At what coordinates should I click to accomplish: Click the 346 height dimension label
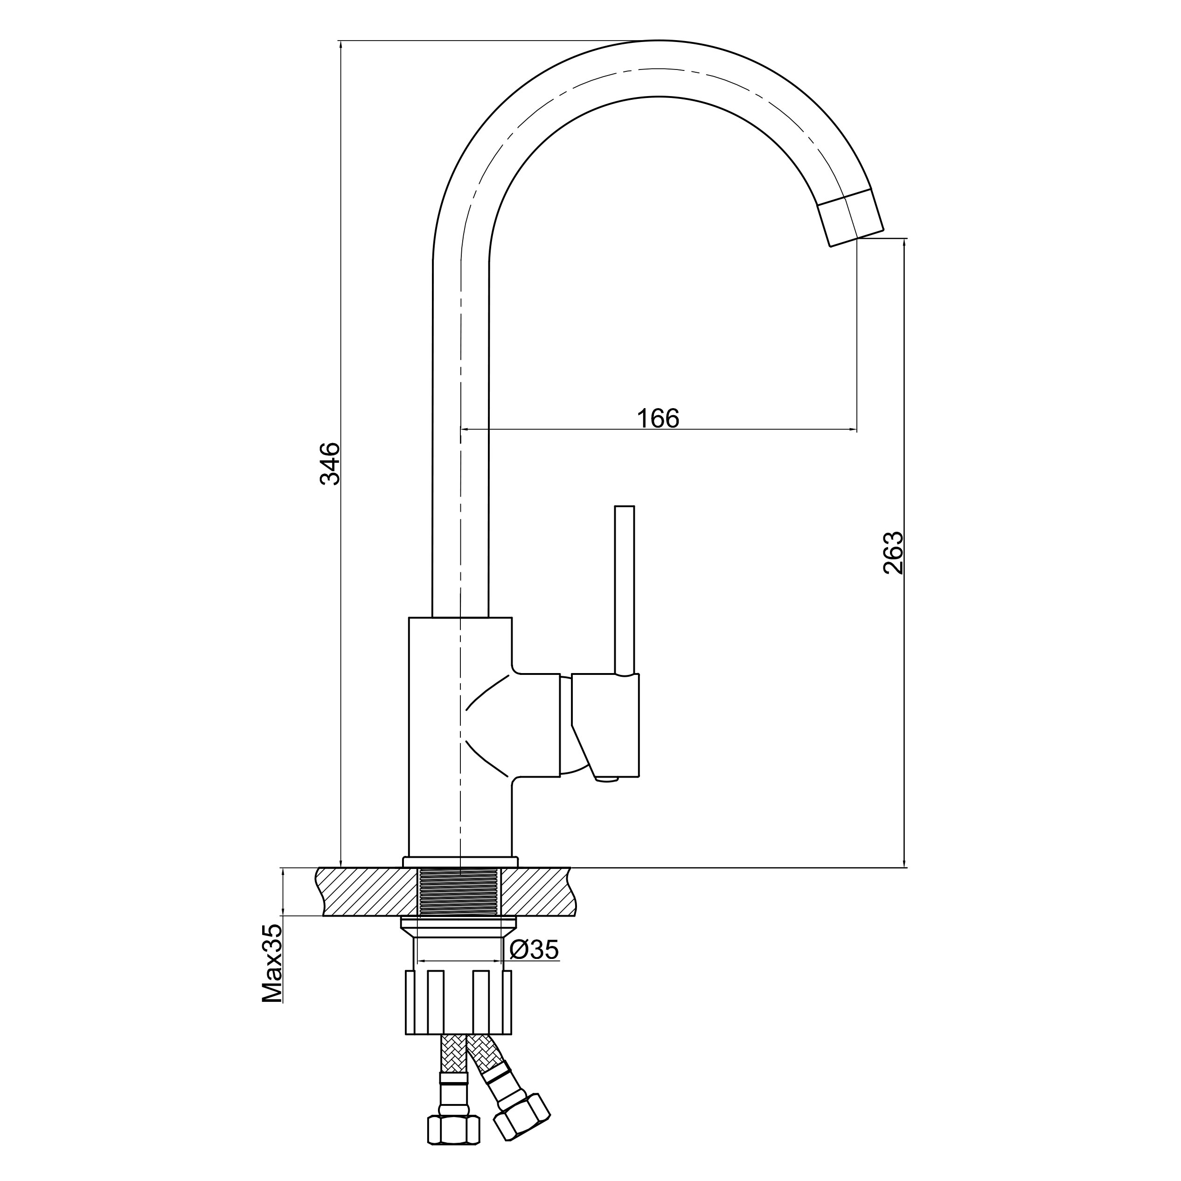(331, 463)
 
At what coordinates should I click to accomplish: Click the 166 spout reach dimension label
(658, 419)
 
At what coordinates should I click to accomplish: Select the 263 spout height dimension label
(893, 553)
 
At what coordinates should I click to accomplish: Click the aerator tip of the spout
(852, 218)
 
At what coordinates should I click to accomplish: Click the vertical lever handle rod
(624, 587)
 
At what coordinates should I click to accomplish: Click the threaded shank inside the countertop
(459, 893)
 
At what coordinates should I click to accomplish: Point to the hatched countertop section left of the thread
(367, 893)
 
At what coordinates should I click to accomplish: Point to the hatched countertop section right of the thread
(538, 893)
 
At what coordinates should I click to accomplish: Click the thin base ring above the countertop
(460, 861)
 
